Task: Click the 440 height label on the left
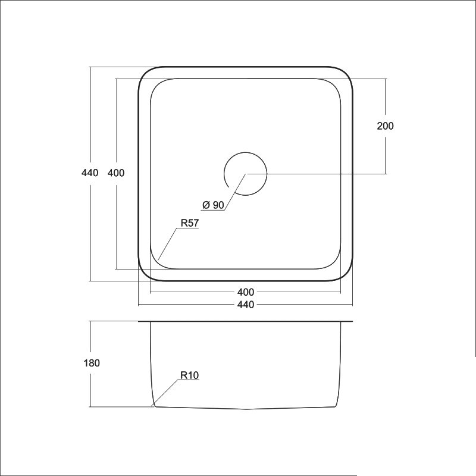pos(90,173)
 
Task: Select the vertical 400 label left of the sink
pos(116,173)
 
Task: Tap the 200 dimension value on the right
pos(385,126)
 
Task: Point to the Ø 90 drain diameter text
pos(213,205)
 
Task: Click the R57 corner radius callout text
pos(189,223)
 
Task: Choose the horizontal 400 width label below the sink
pos(246,292)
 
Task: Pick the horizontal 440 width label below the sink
pos(246,305)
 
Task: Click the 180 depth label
pos(92,363)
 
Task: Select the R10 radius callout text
pos(189,375)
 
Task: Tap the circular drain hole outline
pos(267,174)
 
